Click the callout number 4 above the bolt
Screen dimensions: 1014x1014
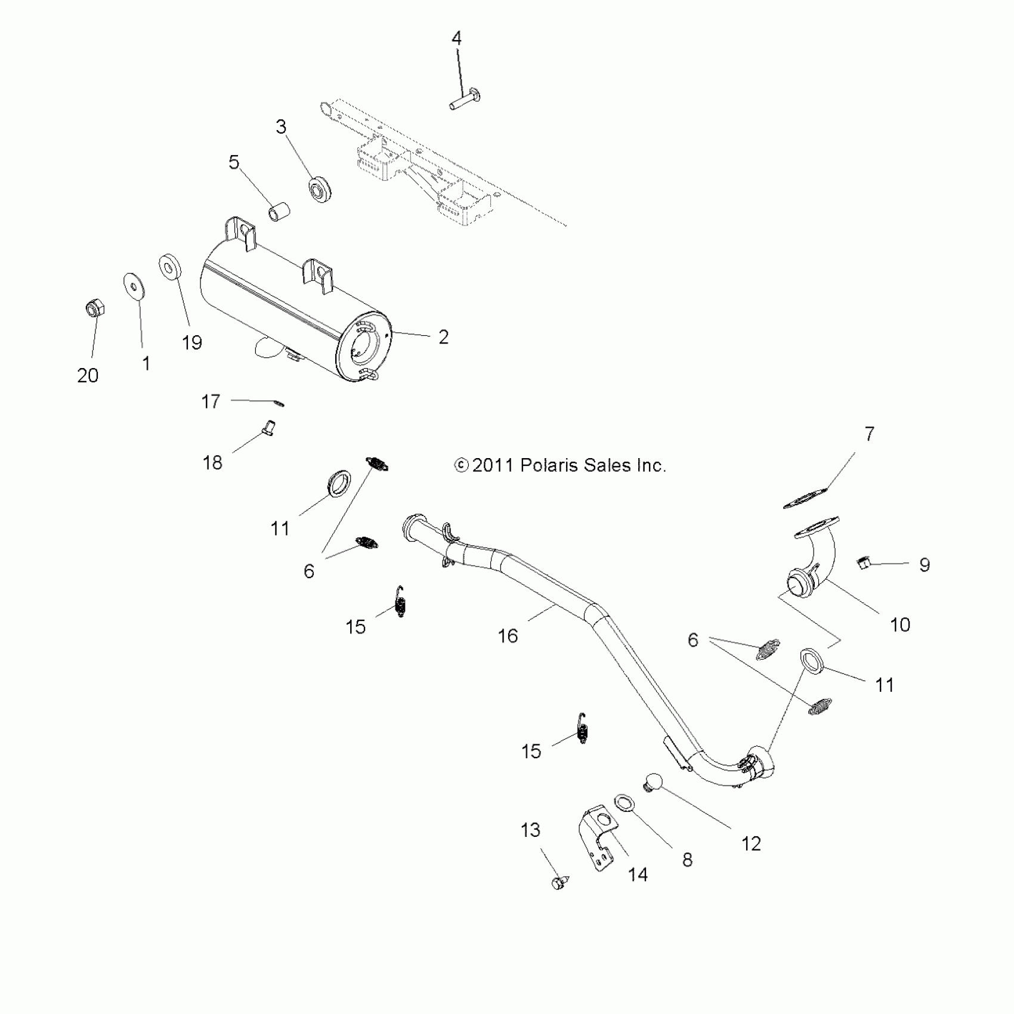coord(456,39)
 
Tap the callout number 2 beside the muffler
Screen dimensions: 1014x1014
coord(443,337)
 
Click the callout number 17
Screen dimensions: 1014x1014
coord(211,401)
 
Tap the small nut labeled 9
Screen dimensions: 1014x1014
coord(863,561)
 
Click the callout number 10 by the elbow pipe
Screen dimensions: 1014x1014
coord(899,625)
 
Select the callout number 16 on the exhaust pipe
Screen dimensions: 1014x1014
coord(508,636)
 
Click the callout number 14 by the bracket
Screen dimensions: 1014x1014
coord(638,875)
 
